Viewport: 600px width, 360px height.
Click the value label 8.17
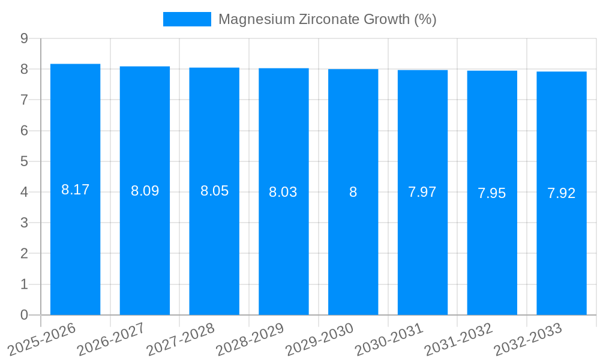point(75,190)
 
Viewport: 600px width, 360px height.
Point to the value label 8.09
point(145,191)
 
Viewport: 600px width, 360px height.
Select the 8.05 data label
point(214,191)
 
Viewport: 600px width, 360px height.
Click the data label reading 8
point(353,192)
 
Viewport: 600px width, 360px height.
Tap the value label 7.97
point(422,193)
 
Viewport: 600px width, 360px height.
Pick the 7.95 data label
point(491,193)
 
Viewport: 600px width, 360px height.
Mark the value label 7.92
point(561,193)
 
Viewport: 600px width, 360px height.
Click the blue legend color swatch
point(187,19)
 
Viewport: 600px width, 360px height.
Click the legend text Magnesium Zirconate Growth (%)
point(327,19)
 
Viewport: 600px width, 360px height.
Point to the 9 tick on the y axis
point(25,38)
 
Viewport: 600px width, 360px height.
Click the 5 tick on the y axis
point(25,161)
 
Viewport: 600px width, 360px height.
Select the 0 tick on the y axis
point(25,315)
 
